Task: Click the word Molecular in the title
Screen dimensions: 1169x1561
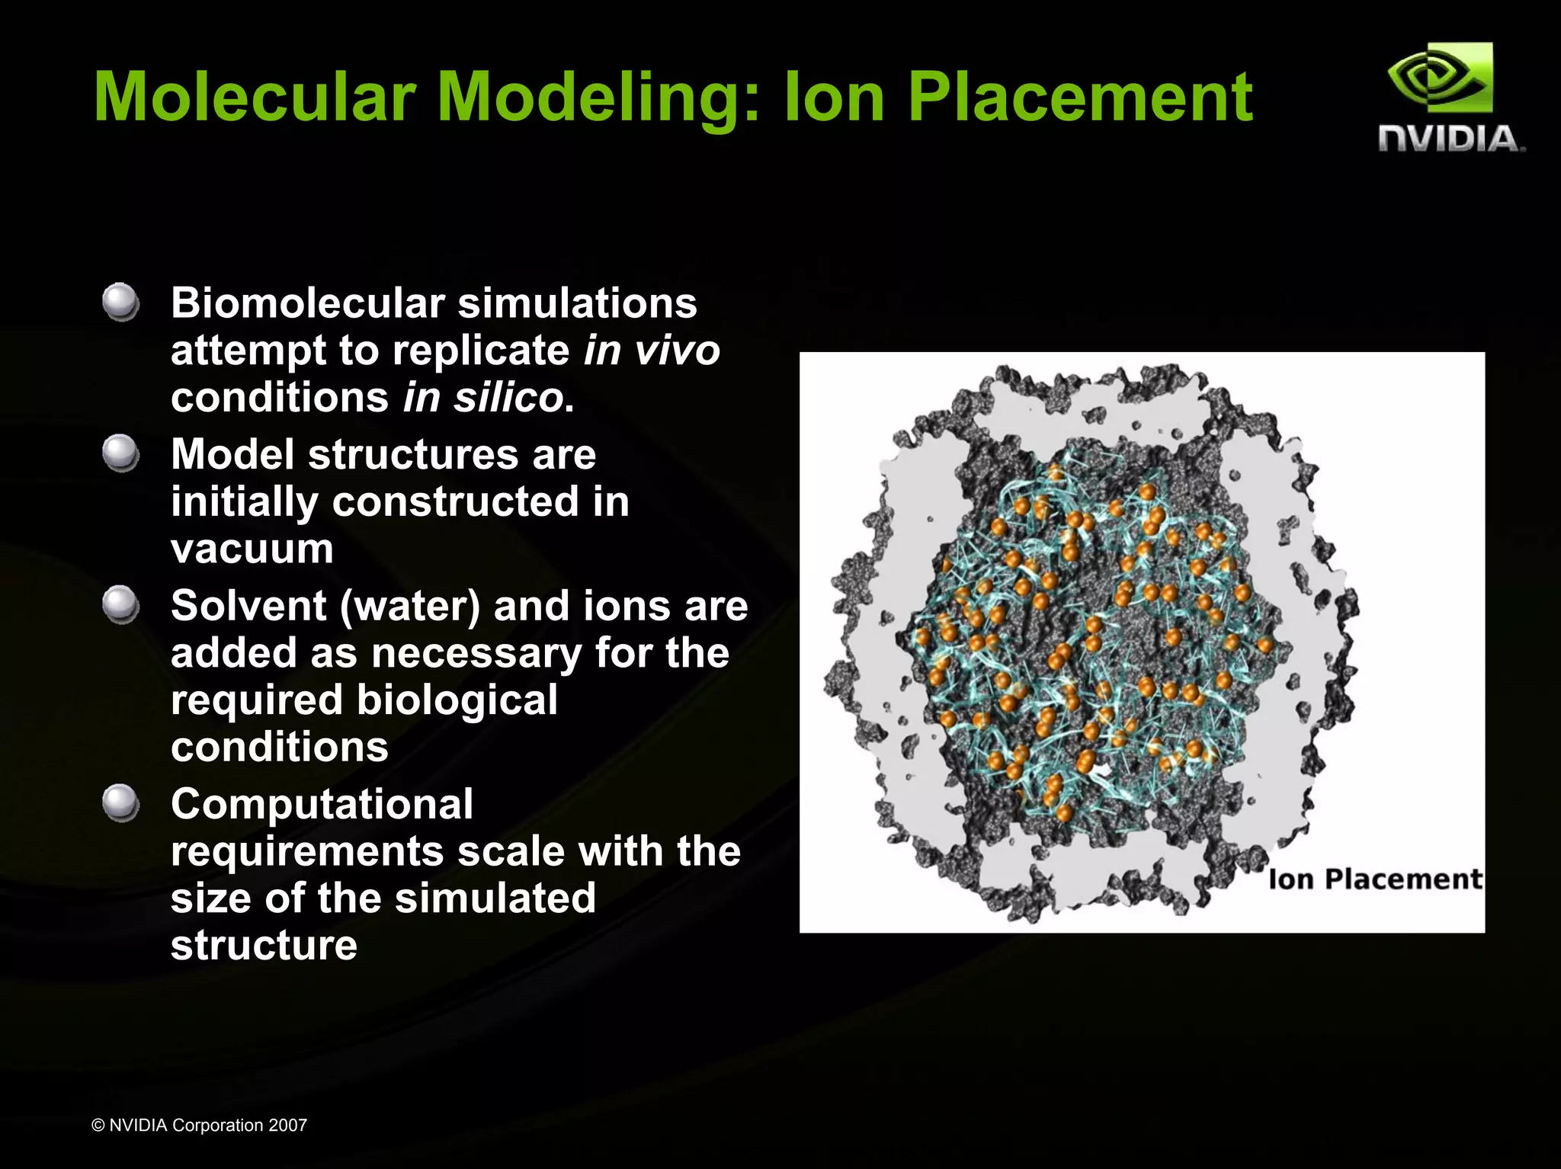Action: [x=255, y=97]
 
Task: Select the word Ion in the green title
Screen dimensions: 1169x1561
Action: [x=834, y=97]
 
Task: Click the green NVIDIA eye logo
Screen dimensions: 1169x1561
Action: [x=1439, y=78]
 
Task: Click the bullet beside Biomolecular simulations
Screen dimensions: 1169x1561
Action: [x=120, y=303]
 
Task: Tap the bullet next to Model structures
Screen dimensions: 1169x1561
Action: [x=120, y=453]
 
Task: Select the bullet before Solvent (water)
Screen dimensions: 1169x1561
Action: [x=120, y=604]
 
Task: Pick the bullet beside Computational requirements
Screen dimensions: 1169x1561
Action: [x=120, y=803]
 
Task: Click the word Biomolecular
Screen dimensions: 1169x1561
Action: [x=308, y=303]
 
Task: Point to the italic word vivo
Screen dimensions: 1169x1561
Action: [x=677, y=351]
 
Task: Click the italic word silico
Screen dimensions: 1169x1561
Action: [x=508, y=398]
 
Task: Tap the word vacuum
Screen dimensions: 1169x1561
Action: [x=252, y=549]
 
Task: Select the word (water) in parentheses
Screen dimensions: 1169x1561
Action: [x=409, y=607]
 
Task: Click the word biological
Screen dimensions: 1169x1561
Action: [x=457, y=700]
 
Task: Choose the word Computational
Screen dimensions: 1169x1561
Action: [x=322, y=805]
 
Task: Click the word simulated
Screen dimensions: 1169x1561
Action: [x=495, y=898]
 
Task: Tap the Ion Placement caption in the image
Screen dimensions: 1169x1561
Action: [x=1375, y=879]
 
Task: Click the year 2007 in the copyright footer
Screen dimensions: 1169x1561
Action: [x=287, y=1126]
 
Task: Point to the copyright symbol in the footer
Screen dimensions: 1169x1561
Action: [x=98, y=1126]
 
